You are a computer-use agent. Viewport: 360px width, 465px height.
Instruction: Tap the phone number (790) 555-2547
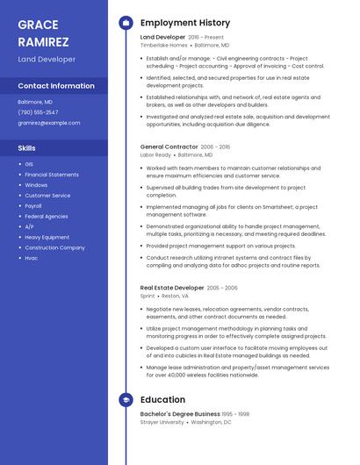38,112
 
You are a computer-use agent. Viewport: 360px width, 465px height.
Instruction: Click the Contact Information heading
56,86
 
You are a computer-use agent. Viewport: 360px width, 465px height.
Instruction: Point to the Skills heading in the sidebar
27,148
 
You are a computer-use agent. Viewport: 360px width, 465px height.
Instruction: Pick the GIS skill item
29,164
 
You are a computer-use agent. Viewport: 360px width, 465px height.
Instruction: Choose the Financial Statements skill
52,175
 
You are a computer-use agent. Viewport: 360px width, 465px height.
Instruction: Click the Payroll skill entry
33,206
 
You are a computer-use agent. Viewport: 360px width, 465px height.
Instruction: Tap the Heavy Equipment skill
47,237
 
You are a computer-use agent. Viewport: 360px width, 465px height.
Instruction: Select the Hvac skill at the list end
32,258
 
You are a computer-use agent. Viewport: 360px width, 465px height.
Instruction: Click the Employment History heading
185,23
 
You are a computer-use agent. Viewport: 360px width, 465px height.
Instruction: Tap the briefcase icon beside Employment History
126,23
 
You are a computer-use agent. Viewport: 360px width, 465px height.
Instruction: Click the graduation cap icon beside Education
126,400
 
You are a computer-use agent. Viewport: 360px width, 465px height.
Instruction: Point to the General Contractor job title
169,147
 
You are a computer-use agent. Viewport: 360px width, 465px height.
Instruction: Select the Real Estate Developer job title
172,288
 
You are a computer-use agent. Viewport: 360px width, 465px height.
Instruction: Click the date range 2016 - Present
206,38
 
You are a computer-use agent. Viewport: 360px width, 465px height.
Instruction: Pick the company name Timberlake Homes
164,45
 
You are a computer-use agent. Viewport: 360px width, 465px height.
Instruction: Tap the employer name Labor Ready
155,154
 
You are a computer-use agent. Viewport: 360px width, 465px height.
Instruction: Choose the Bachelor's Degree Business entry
180,413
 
